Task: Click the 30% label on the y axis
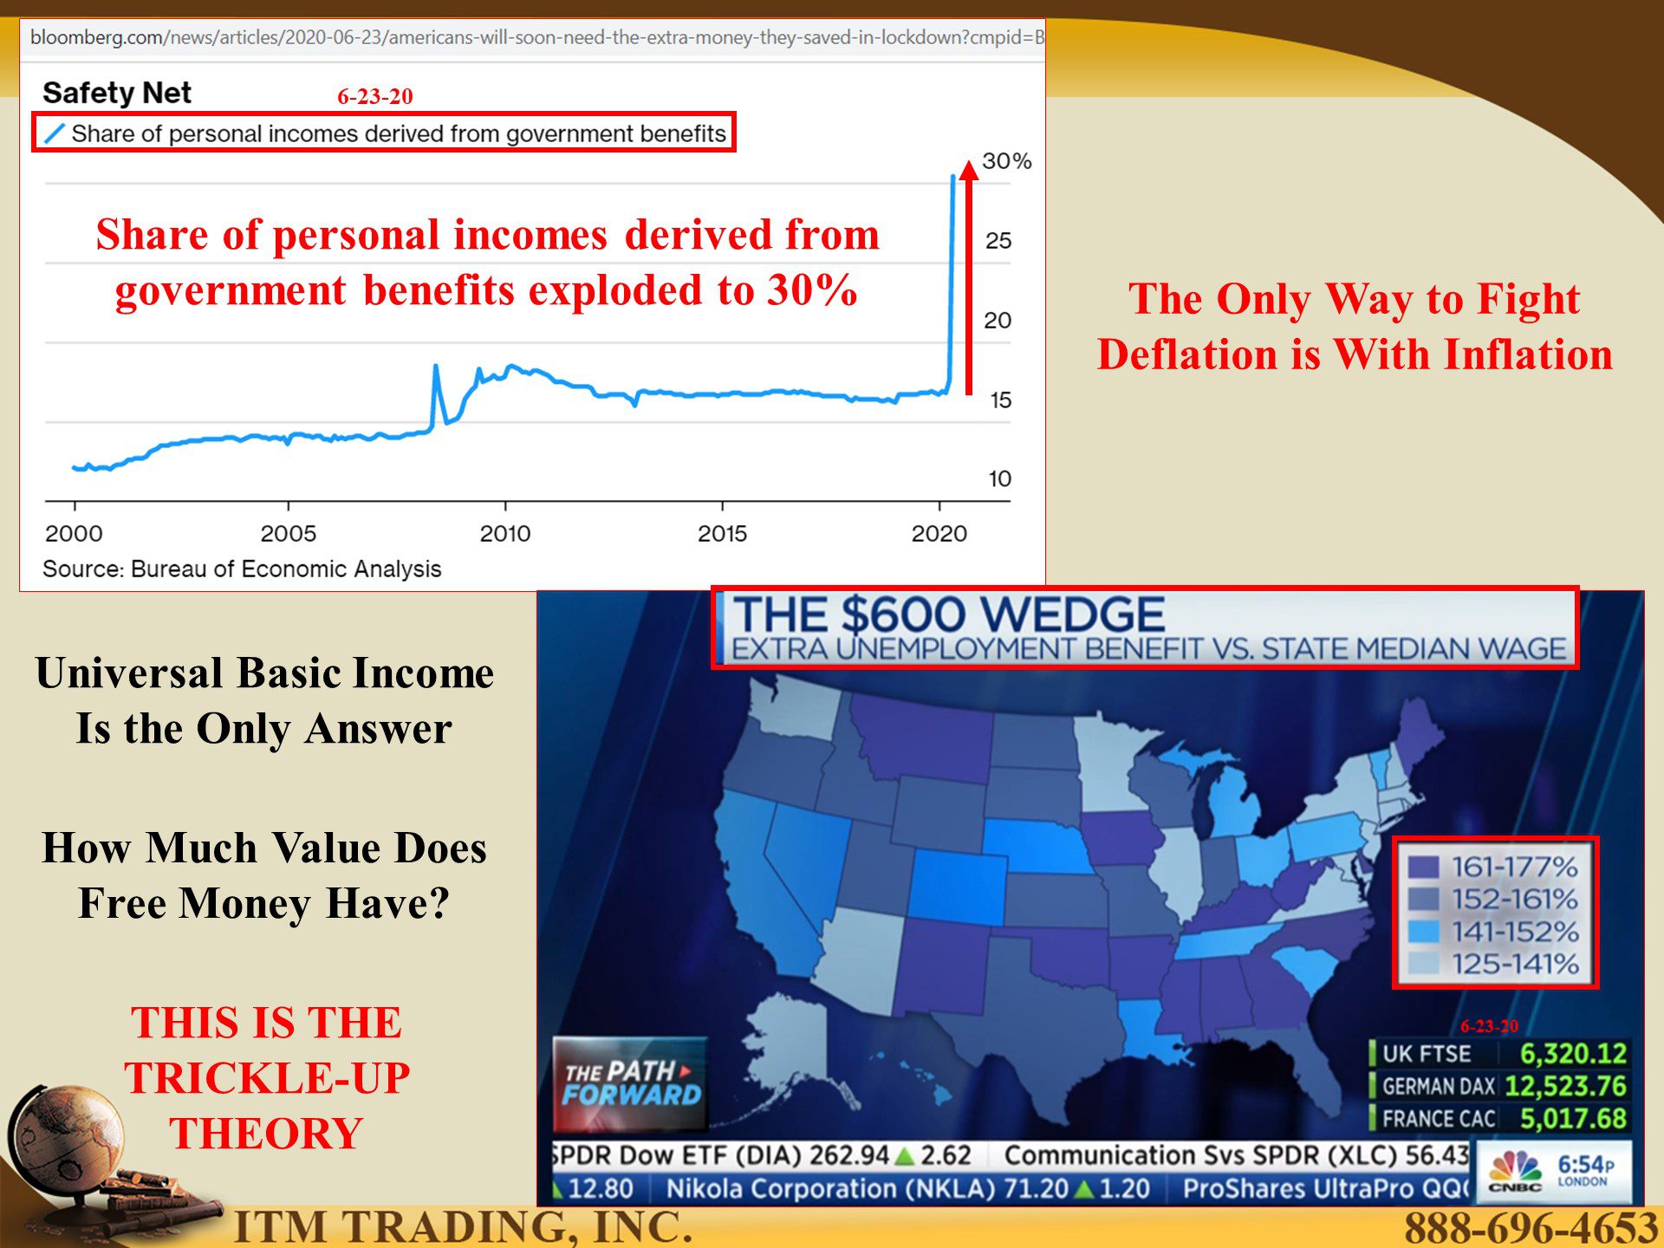(x=1006, y=161)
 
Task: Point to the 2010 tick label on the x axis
(x=505, y=533)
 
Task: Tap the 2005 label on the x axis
(x=289, y=533)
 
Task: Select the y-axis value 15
(x=1001, y=400)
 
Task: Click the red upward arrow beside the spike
(x=969, y=276)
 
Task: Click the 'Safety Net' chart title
(x=117, y=93)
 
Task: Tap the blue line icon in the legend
(x=54, y=133)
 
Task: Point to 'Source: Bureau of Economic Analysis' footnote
(x=242, y=569)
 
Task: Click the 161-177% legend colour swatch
(x=1423, y=867)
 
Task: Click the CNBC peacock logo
(x=1515, y=1169)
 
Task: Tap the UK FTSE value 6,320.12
(x=1573, y=1053)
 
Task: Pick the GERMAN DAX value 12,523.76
(x=1565, y=1085)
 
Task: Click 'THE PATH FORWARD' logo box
(x=631, y=1084)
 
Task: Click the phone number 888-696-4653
(x=1531, y=1227)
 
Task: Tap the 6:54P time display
(x=1585, y=1165)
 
